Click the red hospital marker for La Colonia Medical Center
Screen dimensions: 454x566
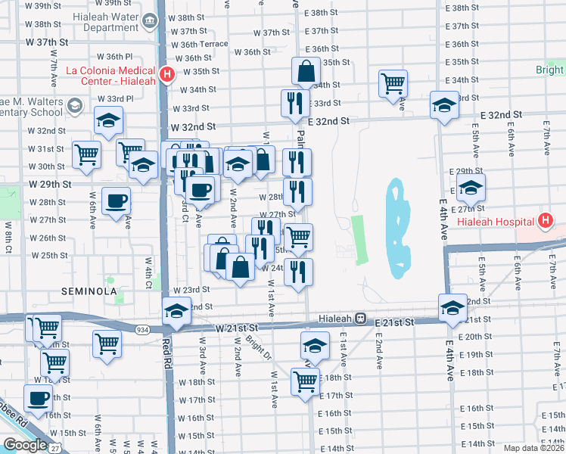pos(168,74)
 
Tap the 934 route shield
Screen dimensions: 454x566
pos(142,330)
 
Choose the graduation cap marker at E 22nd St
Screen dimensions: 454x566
pos(452,308)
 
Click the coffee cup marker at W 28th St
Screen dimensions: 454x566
pos(116,201)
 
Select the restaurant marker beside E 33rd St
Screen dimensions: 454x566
pos(292,103)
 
